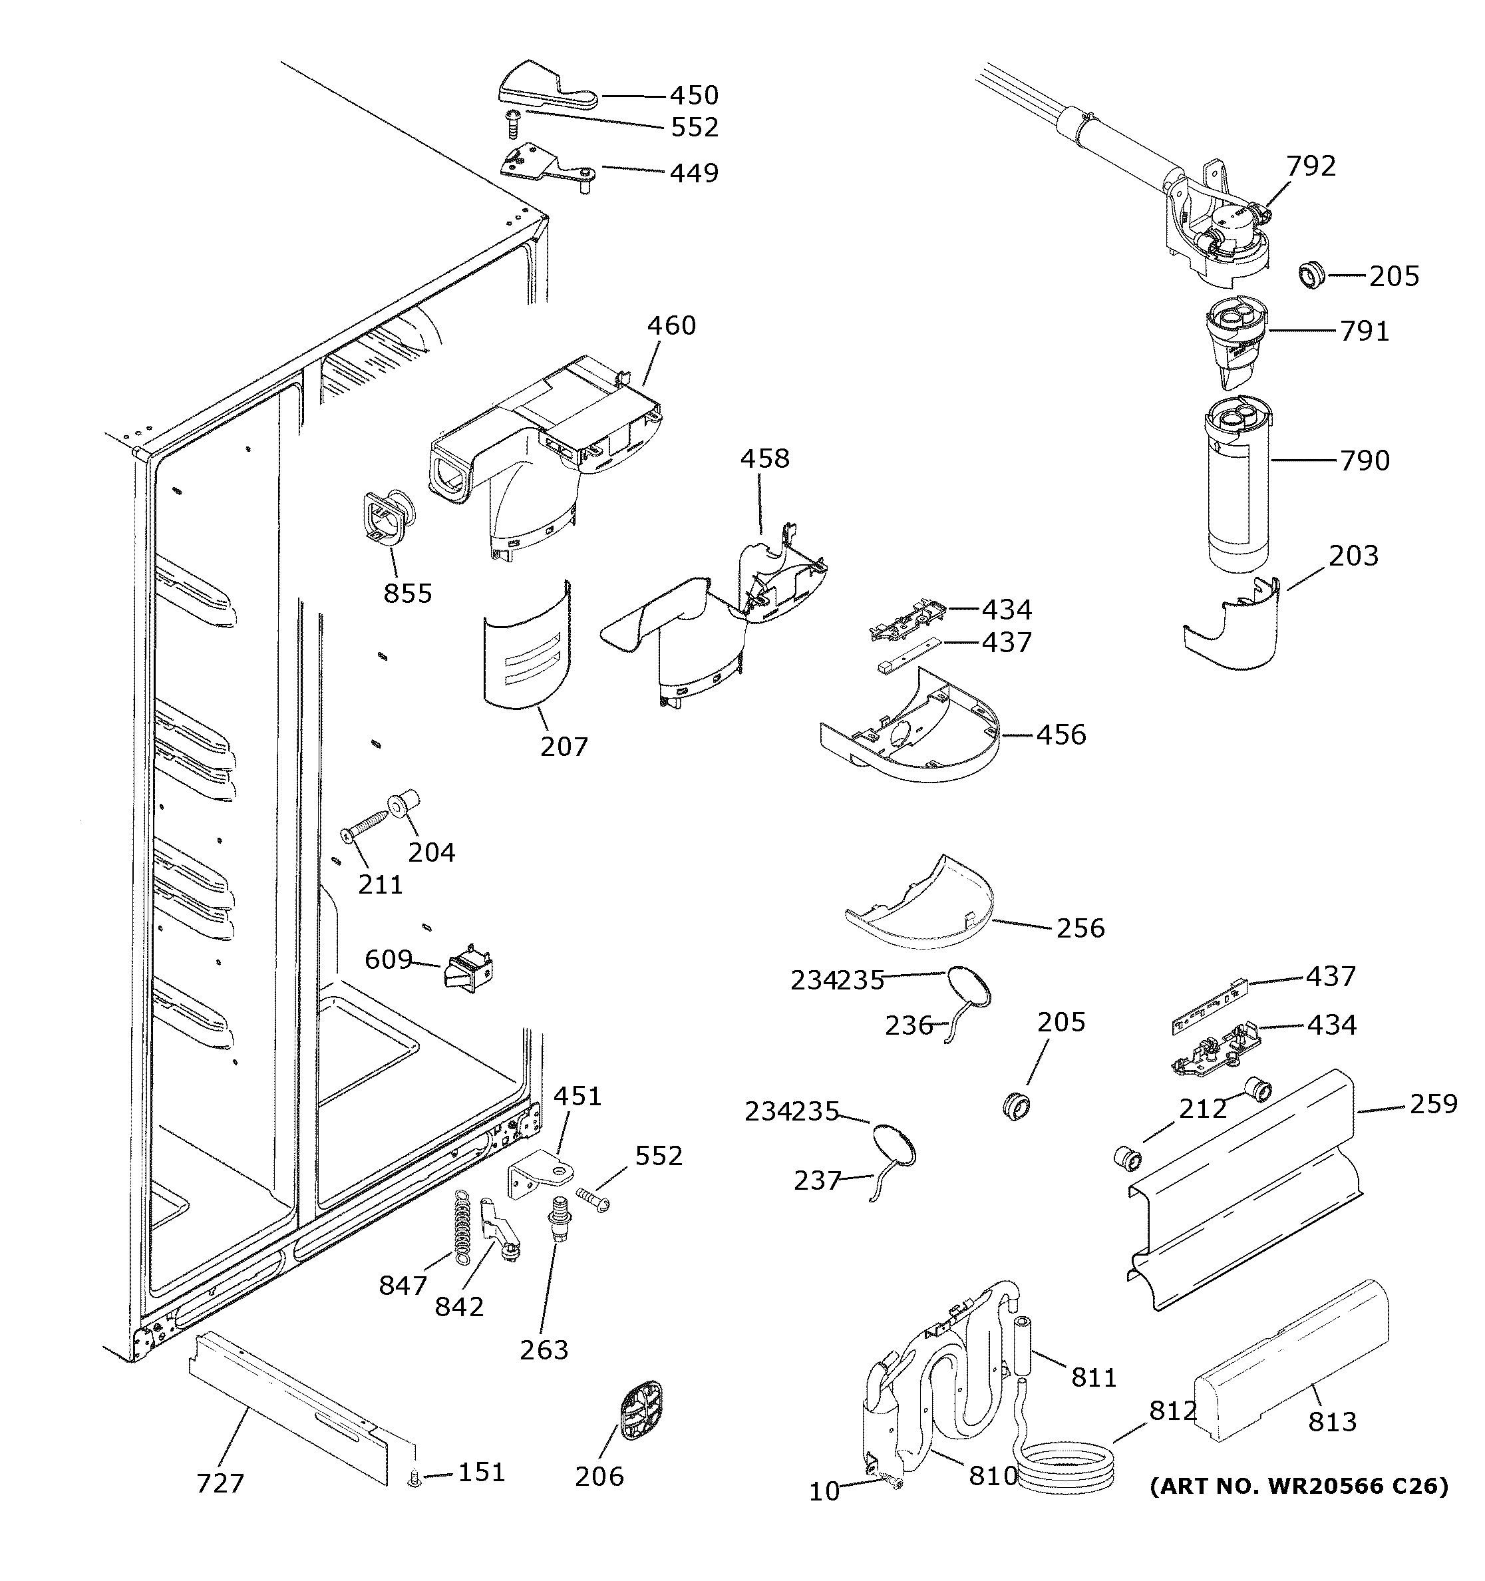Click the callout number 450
pyautogui.click(x=694, y=95)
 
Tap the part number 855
pyautogui.click(x=408, y=594)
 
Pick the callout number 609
pyautogui.click(x=388, y=960)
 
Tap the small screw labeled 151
pyautogui.click(x=413, y=1479)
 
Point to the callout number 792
pyautogui.click(x=1311, y=166)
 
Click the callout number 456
pyautogui.click(x=1061, y=735)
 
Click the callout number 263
pyautogui.click(x=544, y=1349)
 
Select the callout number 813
pyautogui.click(x=1333, y=1421)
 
